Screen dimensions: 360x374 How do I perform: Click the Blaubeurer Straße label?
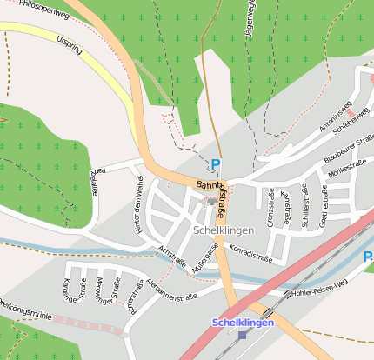(x=349, y=149)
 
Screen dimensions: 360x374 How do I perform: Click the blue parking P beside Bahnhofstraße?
(x=216, y=163)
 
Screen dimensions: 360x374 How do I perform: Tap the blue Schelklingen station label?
(x=243, y=323)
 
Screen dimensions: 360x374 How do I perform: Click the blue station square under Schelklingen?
(x=243, y=335)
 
